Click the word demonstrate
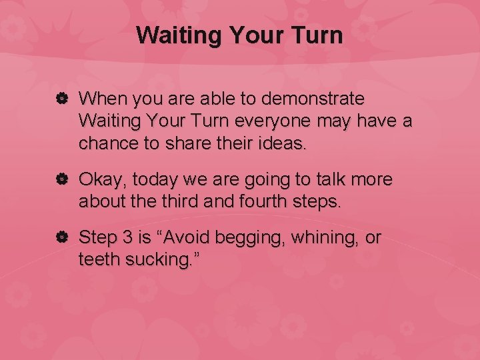point(314,99)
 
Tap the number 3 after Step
point(129,238)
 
